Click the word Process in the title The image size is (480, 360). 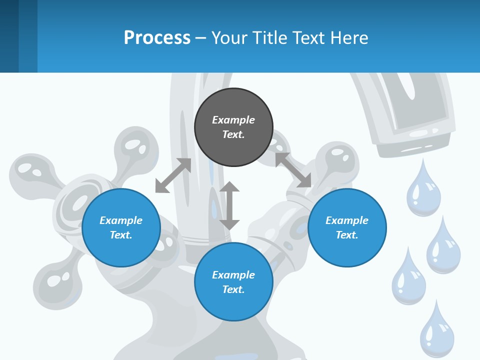click(157, 37)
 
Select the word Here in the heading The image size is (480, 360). click(348, 37)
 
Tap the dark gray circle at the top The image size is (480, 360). click(233, 127)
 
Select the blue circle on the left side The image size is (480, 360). click(121, 227)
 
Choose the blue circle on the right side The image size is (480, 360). click(347, 227)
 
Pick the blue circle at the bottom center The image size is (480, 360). click(233, 282)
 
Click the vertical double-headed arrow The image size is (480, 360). click(229, 205)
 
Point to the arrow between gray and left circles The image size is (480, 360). click(173, 175)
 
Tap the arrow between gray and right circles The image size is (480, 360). click(293, 170)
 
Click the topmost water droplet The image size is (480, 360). click(423, 188)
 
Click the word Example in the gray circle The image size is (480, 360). click(233, 120)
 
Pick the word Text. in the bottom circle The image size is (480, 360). click(233, 289)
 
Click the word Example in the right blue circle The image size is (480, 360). click(347, 220)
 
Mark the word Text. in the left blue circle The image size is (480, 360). click(121, 235)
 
